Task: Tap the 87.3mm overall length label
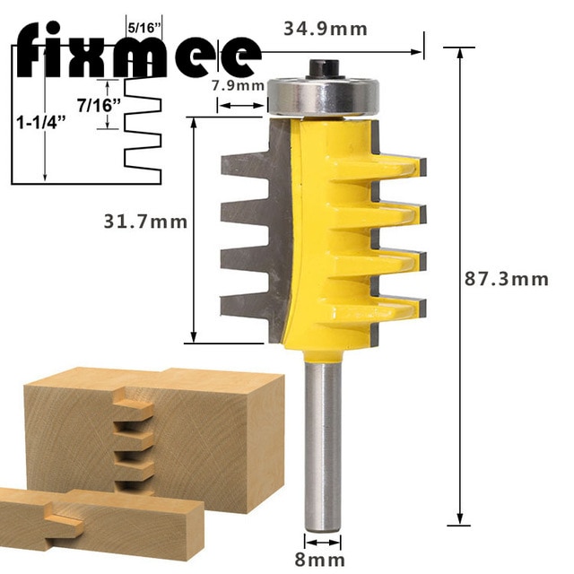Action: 506,279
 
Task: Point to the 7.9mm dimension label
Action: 238,86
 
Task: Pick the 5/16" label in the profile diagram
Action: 144,27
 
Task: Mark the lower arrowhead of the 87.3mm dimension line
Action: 461,519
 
